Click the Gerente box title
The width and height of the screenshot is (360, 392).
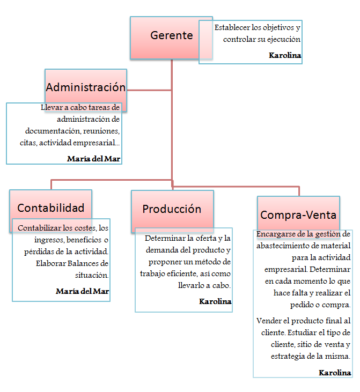(x=171, y=36)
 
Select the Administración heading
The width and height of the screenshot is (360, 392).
(x=86, y=87)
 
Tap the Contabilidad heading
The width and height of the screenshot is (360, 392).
(x=51, y=208)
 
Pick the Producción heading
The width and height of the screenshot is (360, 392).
(x=172, y=209)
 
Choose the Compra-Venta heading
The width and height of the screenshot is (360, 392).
(x=298, y=215)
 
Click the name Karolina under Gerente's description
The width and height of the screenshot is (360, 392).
(x=285, y=55)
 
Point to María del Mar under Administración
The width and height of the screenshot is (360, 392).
(x=94, y=159)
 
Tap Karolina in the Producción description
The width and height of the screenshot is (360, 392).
(x=215, y=302)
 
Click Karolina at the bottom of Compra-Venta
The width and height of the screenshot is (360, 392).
(x=335, y=372)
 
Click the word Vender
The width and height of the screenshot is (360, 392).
(x=268, y=321)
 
